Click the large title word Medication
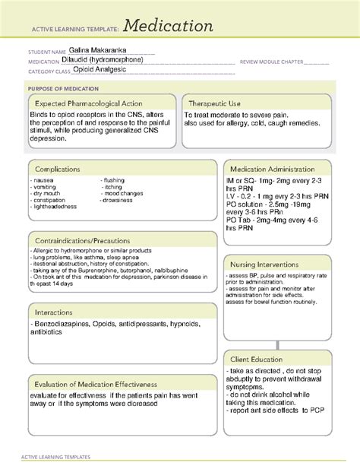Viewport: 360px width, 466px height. (169, 27)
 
